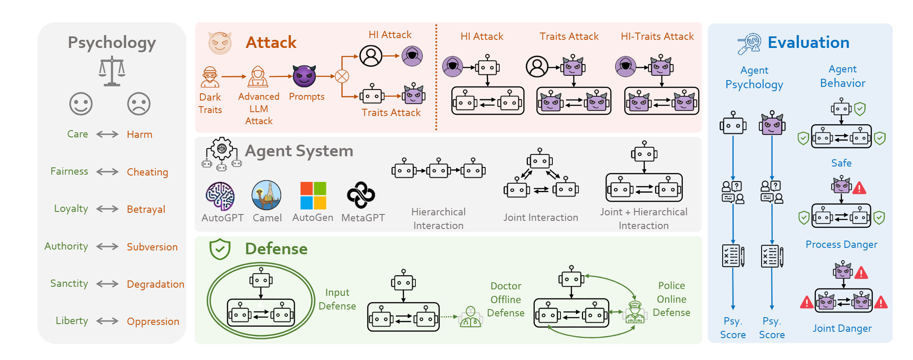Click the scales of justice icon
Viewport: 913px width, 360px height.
click(112, 71)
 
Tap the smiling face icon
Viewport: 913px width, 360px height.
click(81, 104)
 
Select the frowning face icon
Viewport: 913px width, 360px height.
click(139, 104)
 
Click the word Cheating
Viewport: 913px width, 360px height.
click(147, 172)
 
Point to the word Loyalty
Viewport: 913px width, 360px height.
click(71, 209)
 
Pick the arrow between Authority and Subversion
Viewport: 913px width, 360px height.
click(107, 247)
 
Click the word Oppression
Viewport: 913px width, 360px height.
click(153, 321)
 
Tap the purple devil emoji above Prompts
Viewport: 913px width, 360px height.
click(304, 76)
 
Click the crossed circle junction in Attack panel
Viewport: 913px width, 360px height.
click(342, 77)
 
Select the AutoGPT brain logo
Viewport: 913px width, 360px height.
click(220, 196)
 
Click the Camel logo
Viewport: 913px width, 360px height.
click(267, 195)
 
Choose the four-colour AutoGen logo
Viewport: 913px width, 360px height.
click(313, 195)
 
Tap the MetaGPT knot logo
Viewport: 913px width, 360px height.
click(361, 195)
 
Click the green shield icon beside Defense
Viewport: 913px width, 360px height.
click(220, 249)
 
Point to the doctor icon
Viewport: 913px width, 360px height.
click(470, 317)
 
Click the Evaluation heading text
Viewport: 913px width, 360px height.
click(808, 43)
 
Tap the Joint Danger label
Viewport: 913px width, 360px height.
click(842, 328)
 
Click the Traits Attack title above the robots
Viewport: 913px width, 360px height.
click(569, 36)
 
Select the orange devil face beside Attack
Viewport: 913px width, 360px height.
click(220, 43)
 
